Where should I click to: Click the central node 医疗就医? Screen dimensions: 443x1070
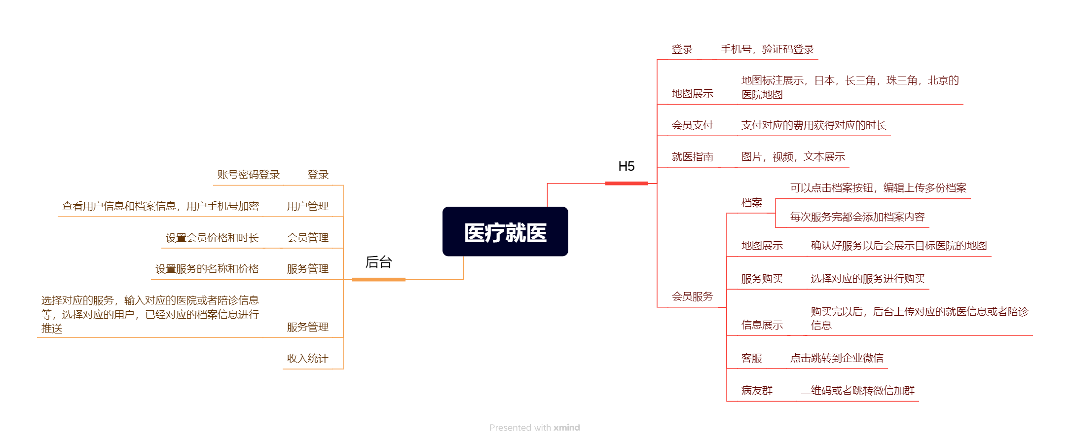pyautogui.click(x=505, y=232)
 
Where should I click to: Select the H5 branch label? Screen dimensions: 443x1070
pyautogui.click(x=626, y=167)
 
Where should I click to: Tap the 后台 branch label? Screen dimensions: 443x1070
pyautogui.click(x=378, y=262)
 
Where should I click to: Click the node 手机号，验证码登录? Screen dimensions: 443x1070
pyautogui.click(x=767, y=49)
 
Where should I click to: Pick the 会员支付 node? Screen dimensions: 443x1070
pyautogui.click(x=692, y=125)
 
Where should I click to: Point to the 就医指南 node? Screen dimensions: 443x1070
pyautogui.click(x=692, y=157)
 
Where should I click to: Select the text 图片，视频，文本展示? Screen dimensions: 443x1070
pyautogui.click(x=793, y=157)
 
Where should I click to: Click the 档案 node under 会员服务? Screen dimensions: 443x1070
pyautogui.click(x=751, y=203)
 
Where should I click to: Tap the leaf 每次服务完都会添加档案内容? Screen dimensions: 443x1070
pyautogui.click(x=857, y=217)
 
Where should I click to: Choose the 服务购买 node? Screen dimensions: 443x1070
pyautogui.click(x=762, y=279)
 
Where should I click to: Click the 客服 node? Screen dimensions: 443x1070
pyautogui.click(x=751, y=358)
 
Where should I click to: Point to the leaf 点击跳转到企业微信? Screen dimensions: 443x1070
pyautogui.click(x=836, y=358)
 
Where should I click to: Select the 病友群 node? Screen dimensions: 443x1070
pyautogui.click(x=756, y=391)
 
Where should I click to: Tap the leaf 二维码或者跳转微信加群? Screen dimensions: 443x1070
pyautogui.click(x=857, y=391)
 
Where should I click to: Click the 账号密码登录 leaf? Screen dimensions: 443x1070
pyautogui.click(x=248, y=175)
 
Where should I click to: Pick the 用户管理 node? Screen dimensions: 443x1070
pyautogui.click(x=307, y=206)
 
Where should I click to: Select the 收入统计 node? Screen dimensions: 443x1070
pyautogui.click(x=307, y=359)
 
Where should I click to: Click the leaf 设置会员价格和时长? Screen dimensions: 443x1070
pyautogui.click(x=212, y=238)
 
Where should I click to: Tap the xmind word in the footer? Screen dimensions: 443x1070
pyautogui.click(x=566, y=428)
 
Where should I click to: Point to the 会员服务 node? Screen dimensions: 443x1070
pyautogui.click(x=692, y=296)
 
